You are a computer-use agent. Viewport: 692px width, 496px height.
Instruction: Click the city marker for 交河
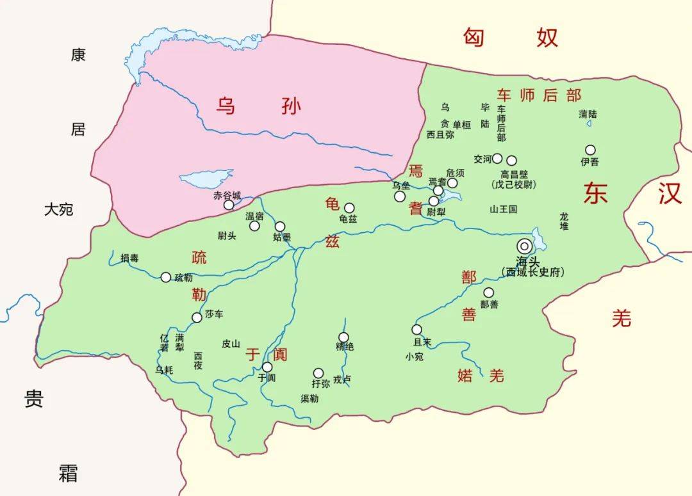(x=497, y=158)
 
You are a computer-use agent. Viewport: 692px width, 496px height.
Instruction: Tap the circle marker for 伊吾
(x=590, y=150)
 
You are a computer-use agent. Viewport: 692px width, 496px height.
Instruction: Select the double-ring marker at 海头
(x=525, y=246)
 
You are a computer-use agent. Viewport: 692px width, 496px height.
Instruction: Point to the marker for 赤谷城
(x=229, y=205)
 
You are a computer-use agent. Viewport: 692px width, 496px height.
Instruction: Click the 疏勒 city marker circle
(x=166, y=277)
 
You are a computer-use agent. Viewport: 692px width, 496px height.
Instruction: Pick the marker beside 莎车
(x=197, y=317)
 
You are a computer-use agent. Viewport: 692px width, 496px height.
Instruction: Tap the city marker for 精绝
(x=343, y=337)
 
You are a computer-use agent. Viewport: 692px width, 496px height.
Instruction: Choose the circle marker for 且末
(x=417, y=330)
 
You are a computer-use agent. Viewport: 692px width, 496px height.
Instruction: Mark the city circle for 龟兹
(x=349, y=207)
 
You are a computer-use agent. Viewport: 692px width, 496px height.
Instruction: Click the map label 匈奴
(x=511, y=38)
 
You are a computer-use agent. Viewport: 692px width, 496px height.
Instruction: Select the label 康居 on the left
(x=78, y=92)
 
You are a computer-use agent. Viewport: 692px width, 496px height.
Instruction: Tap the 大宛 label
(x=59, y=209)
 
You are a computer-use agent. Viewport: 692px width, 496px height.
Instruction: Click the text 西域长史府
(x=533, y=272)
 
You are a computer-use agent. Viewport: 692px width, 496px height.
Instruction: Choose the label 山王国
(x=503, y=209)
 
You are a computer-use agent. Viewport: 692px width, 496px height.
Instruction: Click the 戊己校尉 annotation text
(x=514, y=185)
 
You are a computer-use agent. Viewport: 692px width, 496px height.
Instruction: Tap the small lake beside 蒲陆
(x=589, y=124)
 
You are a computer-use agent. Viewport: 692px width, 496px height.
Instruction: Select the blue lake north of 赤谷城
(x=206, y=179)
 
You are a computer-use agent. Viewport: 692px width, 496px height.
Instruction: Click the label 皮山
(x=231, y=344)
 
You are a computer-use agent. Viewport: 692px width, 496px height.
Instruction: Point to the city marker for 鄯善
(x=489, y=292)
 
